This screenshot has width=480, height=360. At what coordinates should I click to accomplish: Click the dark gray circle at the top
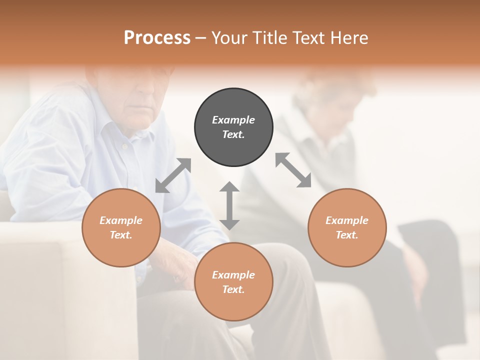point(233,127)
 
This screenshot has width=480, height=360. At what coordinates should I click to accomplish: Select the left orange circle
point(121,227)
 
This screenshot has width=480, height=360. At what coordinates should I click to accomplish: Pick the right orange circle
point(347,227)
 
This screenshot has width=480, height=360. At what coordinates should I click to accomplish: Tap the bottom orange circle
point(233,281)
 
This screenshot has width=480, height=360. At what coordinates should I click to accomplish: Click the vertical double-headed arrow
point(229,205)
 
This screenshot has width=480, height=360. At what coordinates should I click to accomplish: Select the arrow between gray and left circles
point(173,175)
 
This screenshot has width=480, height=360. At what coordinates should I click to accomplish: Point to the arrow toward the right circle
point(293,170)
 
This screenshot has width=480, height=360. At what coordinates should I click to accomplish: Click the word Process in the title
point(157,37)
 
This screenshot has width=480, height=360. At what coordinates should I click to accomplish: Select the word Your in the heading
point(229,37)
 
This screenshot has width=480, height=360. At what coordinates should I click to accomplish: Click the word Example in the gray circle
point(233,120)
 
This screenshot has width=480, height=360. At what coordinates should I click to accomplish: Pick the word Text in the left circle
point(120,235)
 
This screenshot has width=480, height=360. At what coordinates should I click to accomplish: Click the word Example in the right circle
point(347,220)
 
